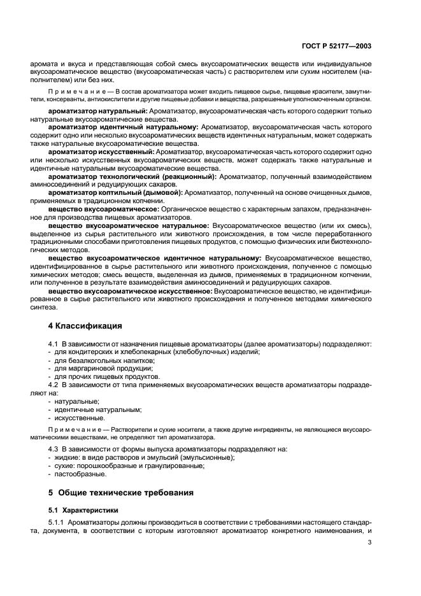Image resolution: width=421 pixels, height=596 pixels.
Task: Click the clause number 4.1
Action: (x=54, y=344)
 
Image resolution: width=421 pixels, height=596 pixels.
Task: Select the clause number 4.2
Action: (x=54, y=385)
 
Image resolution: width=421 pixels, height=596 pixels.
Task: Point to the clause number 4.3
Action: (x=54, y=449)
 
